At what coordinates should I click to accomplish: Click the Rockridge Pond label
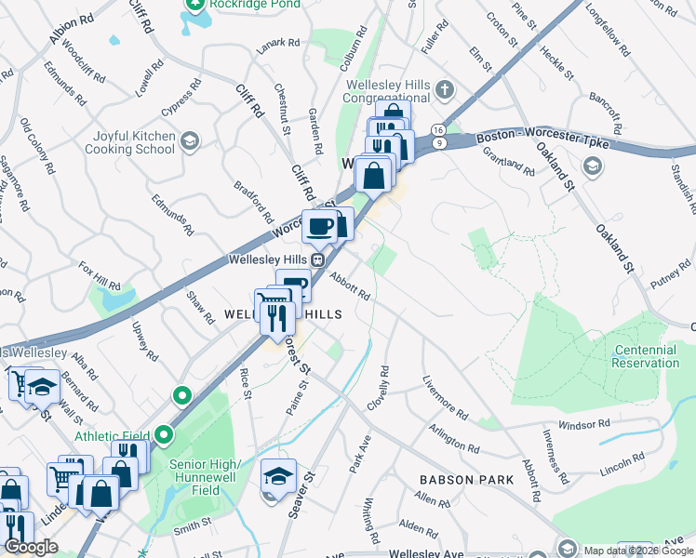coord(254,4)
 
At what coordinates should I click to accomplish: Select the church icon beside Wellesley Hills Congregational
coord(445,90)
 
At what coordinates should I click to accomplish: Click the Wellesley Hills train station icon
coord(317,260)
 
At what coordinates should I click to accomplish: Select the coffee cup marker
coord(319,226)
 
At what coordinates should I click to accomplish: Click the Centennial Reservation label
coord(646,356)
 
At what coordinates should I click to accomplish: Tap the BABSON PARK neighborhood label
coord(466,480)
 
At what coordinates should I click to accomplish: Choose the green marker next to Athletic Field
coord(165,434)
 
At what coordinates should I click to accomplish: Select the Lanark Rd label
coord(279,43)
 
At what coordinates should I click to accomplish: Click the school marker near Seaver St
coord(278,476)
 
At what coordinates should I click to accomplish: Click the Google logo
coord(31,547)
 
